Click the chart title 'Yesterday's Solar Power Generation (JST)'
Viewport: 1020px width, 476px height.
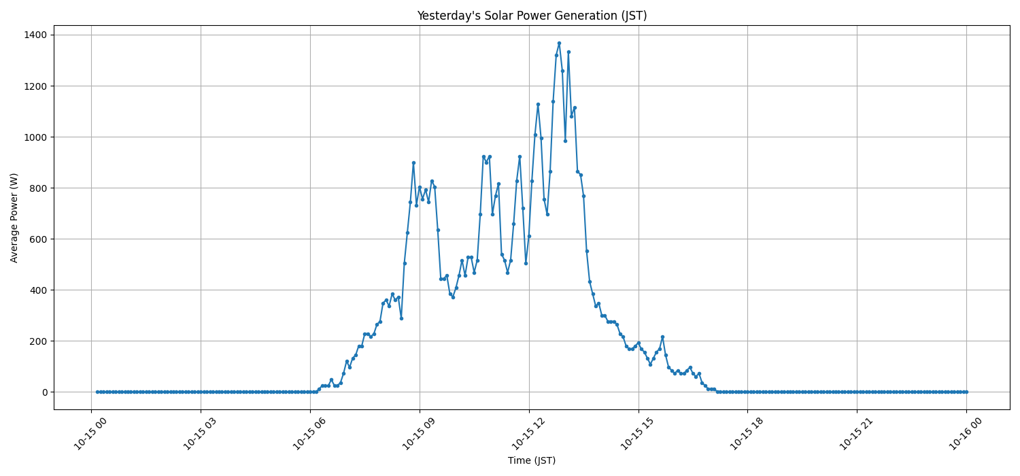click(532, 16)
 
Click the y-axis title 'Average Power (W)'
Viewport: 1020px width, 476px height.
click(14, 218)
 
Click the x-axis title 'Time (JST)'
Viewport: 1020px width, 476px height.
click(532, 460)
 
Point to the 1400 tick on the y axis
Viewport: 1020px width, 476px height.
click(36, 35)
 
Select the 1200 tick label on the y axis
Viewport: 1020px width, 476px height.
click(36, 86)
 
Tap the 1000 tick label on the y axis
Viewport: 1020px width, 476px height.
click(36, 137)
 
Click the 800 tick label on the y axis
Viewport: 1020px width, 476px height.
click(39, 188)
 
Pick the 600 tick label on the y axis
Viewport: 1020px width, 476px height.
click(39, 239)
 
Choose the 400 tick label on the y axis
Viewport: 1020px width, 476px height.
click(39, 290)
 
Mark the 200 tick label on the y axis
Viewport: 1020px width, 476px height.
click(39, 341)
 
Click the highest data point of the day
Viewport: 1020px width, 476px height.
click(559, 43)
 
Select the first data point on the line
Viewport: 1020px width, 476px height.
click(97, 392)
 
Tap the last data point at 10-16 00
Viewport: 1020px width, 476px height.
click(966, 392)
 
